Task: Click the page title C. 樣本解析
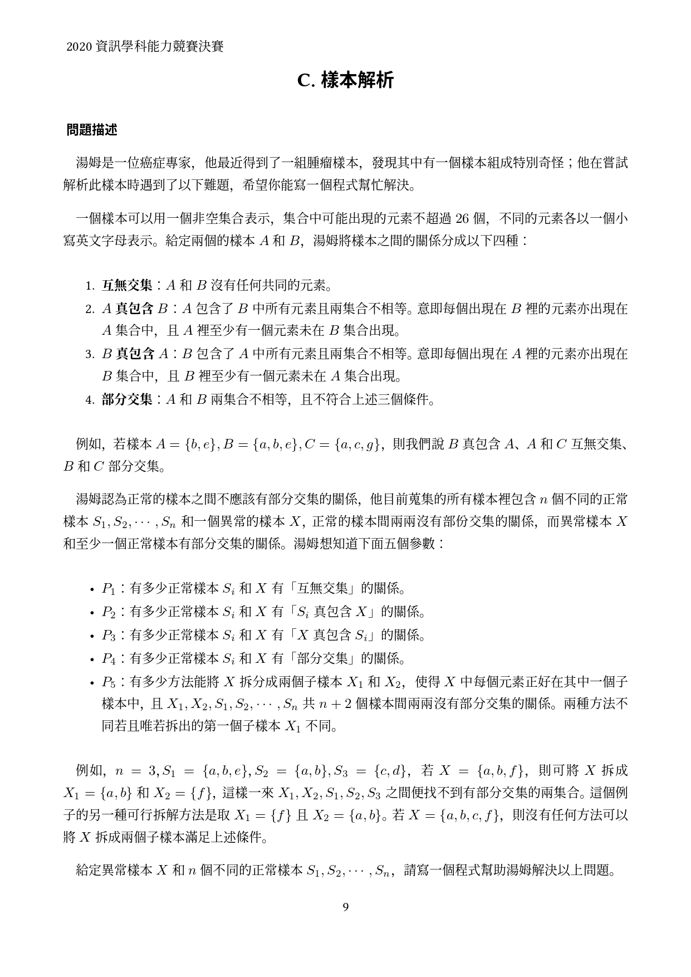click(345, 81)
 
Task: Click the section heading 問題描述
click(92, 130)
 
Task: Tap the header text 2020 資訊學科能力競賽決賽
click(145, 47)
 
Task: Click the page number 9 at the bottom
click(345, 907)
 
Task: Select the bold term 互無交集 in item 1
click(127, 286)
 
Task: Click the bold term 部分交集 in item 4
click(127, 399)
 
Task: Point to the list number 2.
click(89, 309)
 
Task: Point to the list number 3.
click(89, 354)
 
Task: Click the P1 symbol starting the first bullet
click(108, 589)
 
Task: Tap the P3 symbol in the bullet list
click(108, 636)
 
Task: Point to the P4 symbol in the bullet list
click(108, 659)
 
